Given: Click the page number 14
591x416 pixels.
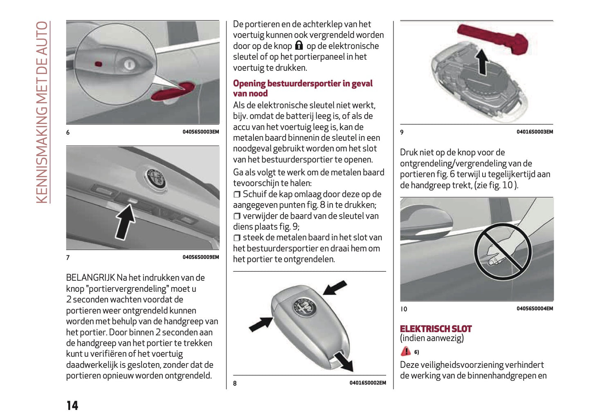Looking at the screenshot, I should click(72, 405).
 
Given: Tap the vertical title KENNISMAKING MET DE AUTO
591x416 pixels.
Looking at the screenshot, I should click(42, 112).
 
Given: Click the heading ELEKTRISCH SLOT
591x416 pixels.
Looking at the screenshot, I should click(436, 329).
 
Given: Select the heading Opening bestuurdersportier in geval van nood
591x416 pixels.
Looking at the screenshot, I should click(303, 88).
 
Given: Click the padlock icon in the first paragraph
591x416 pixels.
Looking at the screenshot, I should click(299, 45).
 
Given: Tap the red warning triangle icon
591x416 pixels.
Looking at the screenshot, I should click(405, 351).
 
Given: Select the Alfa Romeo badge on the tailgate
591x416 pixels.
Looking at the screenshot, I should click(155, 178).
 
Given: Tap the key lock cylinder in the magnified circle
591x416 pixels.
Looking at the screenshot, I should click(128, 65).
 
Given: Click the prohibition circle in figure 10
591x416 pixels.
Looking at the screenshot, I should click(503, 251).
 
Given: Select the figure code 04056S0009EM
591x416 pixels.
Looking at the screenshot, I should click(200, 257).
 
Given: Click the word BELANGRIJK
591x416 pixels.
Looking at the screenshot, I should click(90, 277).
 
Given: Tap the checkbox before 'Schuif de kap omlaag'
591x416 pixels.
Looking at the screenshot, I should click(237, 195).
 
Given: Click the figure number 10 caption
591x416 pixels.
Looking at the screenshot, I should click(404, 309).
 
